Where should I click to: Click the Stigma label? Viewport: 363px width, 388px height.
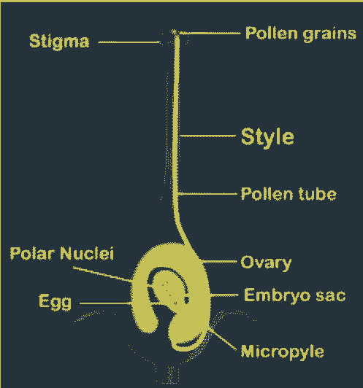(x=59, y=42)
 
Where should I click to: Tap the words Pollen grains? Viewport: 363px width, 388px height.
(x=301, y=34)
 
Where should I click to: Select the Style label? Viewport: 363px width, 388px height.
(x=267, y=137)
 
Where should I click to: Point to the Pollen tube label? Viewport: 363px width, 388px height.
(x=289, y=194)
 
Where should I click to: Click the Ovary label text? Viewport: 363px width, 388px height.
(x=266, y=263)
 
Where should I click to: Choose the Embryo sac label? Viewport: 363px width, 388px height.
(x=295, y=295)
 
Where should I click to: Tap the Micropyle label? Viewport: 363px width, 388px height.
(x=282, y=352)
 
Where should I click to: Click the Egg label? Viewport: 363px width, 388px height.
(x=56, y=302)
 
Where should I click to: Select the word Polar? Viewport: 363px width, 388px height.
(x=32, y=253)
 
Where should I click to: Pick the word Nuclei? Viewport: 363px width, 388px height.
(x=87, y=253)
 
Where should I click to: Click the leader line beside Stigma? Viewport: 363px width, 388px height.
(x=129, y=42)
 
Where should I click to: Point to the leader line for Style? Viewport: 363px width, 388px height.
(x=207, y=136)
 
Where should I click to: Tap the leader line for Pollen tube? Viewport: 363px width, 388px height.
(x=207, y=194)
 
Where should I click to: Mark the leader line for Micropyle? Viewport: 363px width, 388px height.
(x=222, y=338)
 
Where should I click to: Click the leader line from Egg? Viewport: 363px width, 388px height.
(x=105, y=303)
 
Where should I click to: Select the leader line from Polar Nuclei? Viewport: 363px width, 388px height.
(x=102, y=274)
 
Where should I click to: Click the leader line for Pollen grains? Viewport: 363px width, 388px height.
(x=210, y=33)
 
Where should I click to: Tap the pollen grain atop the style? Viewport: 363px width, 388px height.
(x=174, y=32)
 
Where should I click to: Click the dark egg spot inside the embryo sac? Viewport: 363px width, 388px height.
(x=186, y=300)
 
